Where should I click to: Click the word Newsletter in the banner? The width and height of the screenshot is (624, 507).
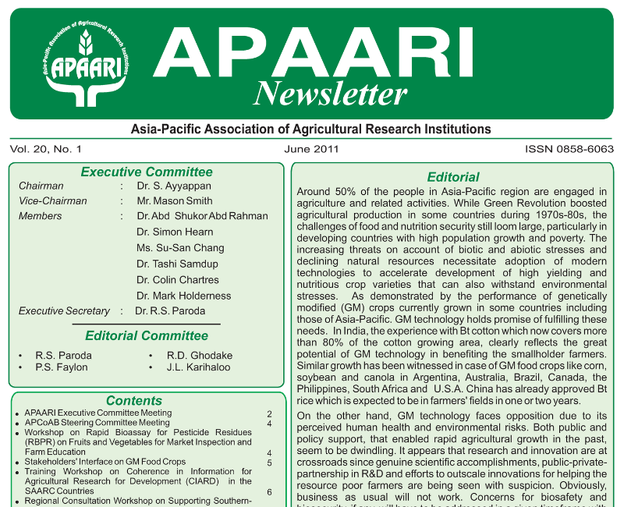(x=330, y=94)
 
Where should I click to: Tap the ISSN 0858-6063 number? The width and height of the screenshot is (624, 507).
(x=569, y=148)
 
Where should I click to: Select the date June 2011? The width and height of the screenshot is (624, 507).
(x=311, y=148)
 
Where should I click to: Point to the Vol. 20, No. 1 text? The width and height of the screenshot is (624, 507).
(x=46, y=148)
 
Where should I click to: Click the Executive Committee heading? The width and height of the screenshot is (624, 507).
(x=147, y=172)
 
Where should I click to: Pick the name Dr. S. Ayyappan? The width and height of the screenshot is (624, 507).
(x=173, y=186)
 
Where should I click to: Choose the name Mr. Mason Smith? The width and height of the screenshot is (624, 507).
(x=174, y=201)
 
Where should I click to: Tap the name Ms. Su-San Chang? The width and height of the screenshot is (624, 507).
(x=180, y=248)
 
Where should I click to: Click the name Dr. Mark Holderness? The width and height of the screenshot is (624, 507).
(x=184, y=296)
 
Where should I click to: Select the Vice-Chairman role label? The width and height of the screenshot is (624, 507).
(x=53, y=201)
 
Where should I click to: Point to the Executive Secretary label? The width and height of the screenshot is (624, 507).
(x=64, y=311)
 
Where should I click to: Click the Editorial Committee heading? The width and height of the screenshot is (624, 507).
(x=147, y=336)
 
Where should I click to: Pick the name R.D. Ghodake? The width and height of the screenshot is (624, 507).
(x=200, y=356)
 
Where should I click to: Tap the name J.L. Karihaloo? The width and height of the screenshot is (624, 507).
(x=199, y=367)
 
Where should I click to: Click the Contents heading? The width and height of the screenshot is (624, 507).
(x=134, y=401)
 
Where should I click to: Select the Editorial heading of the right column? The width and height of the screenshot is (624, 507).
(x=453, y=177)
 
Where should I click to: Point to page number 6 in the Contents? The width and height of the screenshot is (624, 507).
(x=269, y=492)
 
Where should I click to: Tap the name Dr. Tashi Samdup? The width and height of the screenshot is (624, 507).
(x=177, y=264)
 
